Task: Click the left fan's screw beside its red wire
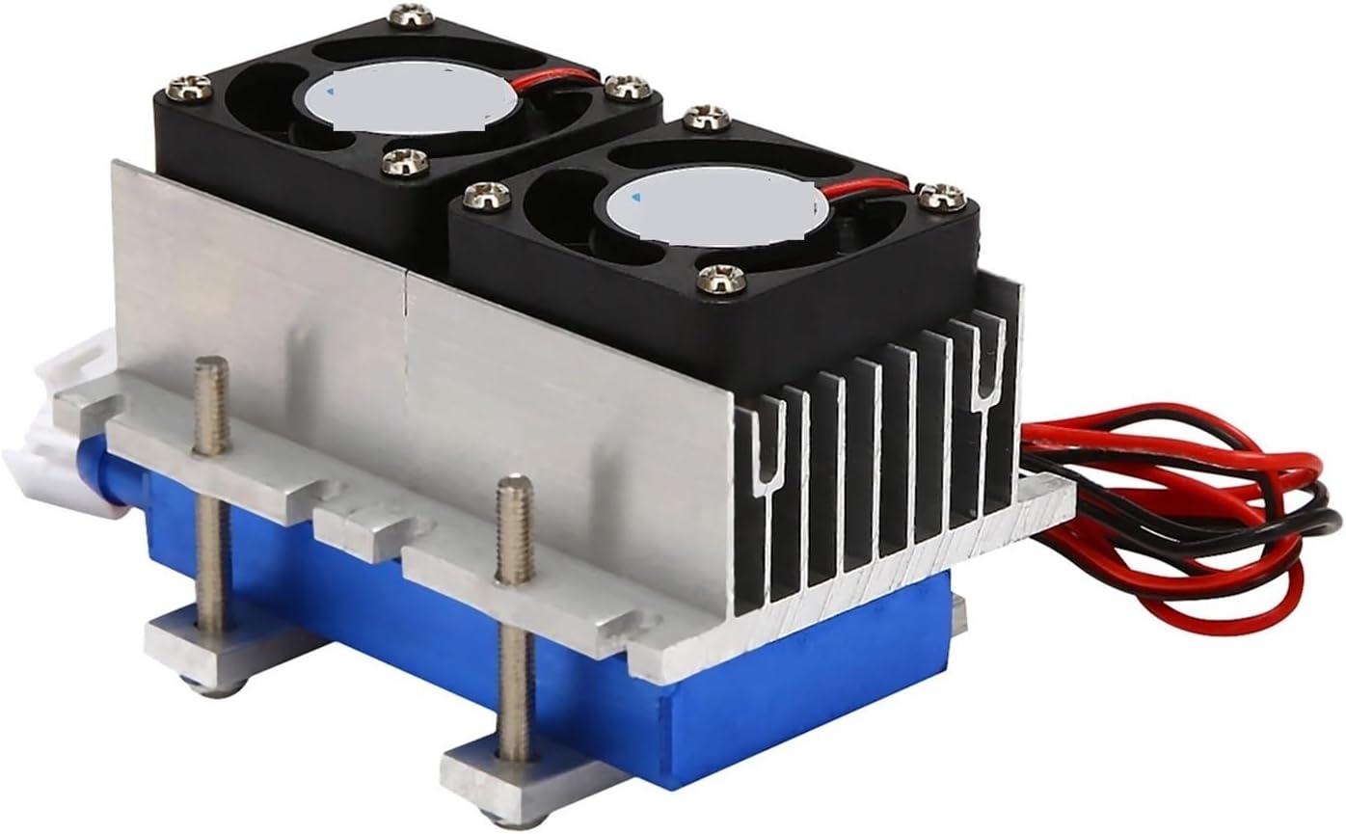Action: pyautogui.click(x=628, y=87)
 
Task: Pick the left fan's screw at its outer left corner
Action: pyautogui.click(x=188, y=89)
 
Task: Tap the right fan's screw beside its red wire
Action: pyautogui.click(x=941, y=196)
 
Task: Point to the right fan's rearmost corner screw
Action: pyautogui.click(x=707, y=119)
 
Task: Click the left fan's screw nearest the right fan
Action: pyautogui.click(x=405, y=162)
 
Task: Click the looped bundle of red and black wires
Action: pyautogui.click(x=1186, y=511)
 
